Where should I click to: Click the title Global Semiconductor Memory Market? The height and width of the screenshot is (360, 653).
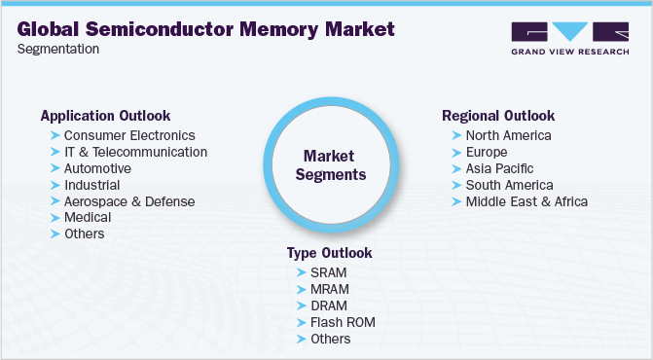click(206, 28)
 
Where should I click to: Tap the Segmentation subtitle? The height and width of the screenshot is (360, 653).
click(57, 50)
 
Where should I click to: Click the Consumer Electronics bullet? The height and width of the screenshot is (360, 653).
click(129, 135)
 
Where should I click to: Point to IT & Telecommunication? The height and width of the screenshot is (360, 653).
click(135, 152)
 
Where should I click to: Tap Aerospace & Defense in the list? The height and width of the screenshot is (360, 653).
click(129, 201)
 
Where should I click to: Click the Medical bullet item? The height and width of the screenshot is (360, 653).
click(90, 218)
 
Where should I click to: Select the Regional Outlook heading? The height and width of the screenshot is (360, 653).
click(497, 116)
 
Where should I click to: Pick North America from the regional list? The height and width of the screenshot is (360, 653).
click(508, 135)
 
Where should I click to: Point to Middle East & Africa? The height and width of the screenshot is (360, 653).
click(526, 201)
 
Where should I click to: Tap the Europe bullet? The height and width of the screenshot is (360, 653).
click(486, 152)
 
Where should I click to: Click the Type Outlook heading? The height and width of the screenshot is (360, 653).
click(329, 253)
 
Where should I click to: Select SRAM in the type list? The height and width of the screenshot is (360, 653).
click(329, 272)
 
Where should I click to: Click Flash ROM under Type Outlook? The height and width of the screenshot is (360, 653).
click(343, 322)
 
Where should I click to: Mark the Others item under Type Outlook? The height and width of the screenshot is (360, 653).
click(331, 339)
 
